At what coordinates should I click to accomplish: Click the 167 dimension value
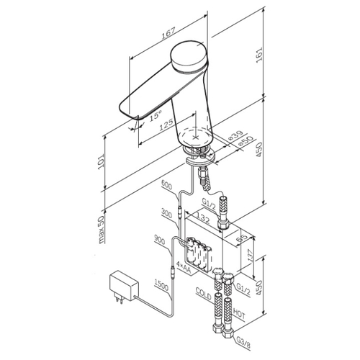pyautogui.click(x=168, y=33)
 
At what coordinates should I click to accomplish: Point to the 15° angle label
pyautogui.click(x=155, y=115)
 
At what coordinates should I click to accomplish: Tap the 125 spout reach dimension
pyautogui.click(x=166, y=125)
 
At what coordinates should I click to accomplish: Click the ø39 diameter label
pyautogui.click(x=235, y=135)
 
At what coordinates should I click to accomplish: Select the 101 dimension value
pyautogui.click(x=101, y=161)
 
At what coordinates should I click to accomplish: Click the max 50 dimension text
pyautogui.click(x=101, y=230)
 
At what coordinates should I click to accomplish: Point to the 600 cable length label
pyautogui.click(x=166, y=185)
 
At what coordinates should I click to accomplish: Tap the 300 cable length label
pyautogui.click(x=166, y=213)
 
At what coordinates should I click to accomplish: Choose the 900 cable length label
pyautogui.click(x=160, y=240)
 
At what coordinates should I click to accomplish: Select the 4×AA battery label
pyautogui.click(x=184, y=268)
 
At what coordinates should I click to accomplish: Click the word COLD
pyautogui.click(x=203, y=294)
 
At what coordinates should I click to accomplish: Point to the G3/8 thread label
pyautogui.click(x=243, y=341)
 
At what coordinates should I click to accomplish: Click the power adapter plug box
pyautogui.click(x=124, y=286)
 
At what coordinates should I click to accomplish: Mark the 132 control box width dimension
pyautogui.click(x=203, y=219)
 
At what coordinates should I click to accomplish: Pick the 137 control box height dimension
pyautogui.click(x=251, y=255)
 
